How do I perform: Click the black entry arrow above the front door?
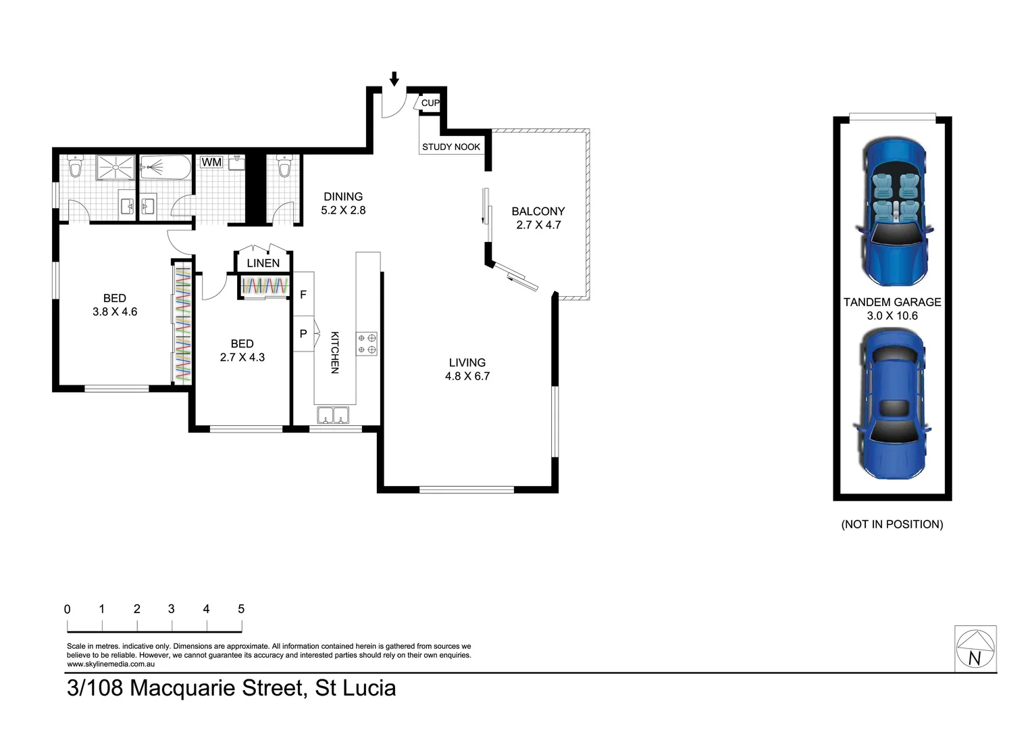tap(394, 78)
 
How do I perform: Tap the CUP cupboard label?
tap(430, 103)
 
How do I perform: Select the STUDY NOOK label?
tap(451, 147)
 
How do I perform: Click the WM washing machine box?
tap(211, 162)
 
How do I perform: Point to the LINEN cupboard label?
tap(263, 263)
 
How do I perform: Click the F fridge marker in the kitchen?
tap(303, 295)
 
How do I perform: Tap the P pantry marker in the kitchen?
tap(303, 333)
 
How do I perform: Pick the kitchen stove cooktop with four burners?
tap(367, 343)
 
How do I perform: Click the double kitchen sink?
tap(333, 415)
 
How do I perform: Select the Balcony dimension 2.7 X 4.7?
tap(538, 225)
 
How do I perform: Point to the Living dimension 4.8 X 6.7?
tap(467, 376)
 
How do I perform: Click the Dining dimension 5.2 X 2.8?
tap(343, 210)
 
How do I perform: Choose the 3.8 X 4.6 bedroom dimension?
tap(115, 312)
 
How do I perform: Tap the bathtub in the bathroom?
tap(166, 168)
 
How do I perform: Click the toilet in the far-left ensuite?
tap(75, 166)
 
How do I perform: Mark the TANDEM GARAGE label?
tap(892, 302)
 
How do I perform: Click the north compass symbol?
tap(975, 649)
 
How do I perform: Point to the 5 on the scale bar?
tap(241, 609)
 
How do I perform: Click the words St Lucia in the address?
tap(355, 688)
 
